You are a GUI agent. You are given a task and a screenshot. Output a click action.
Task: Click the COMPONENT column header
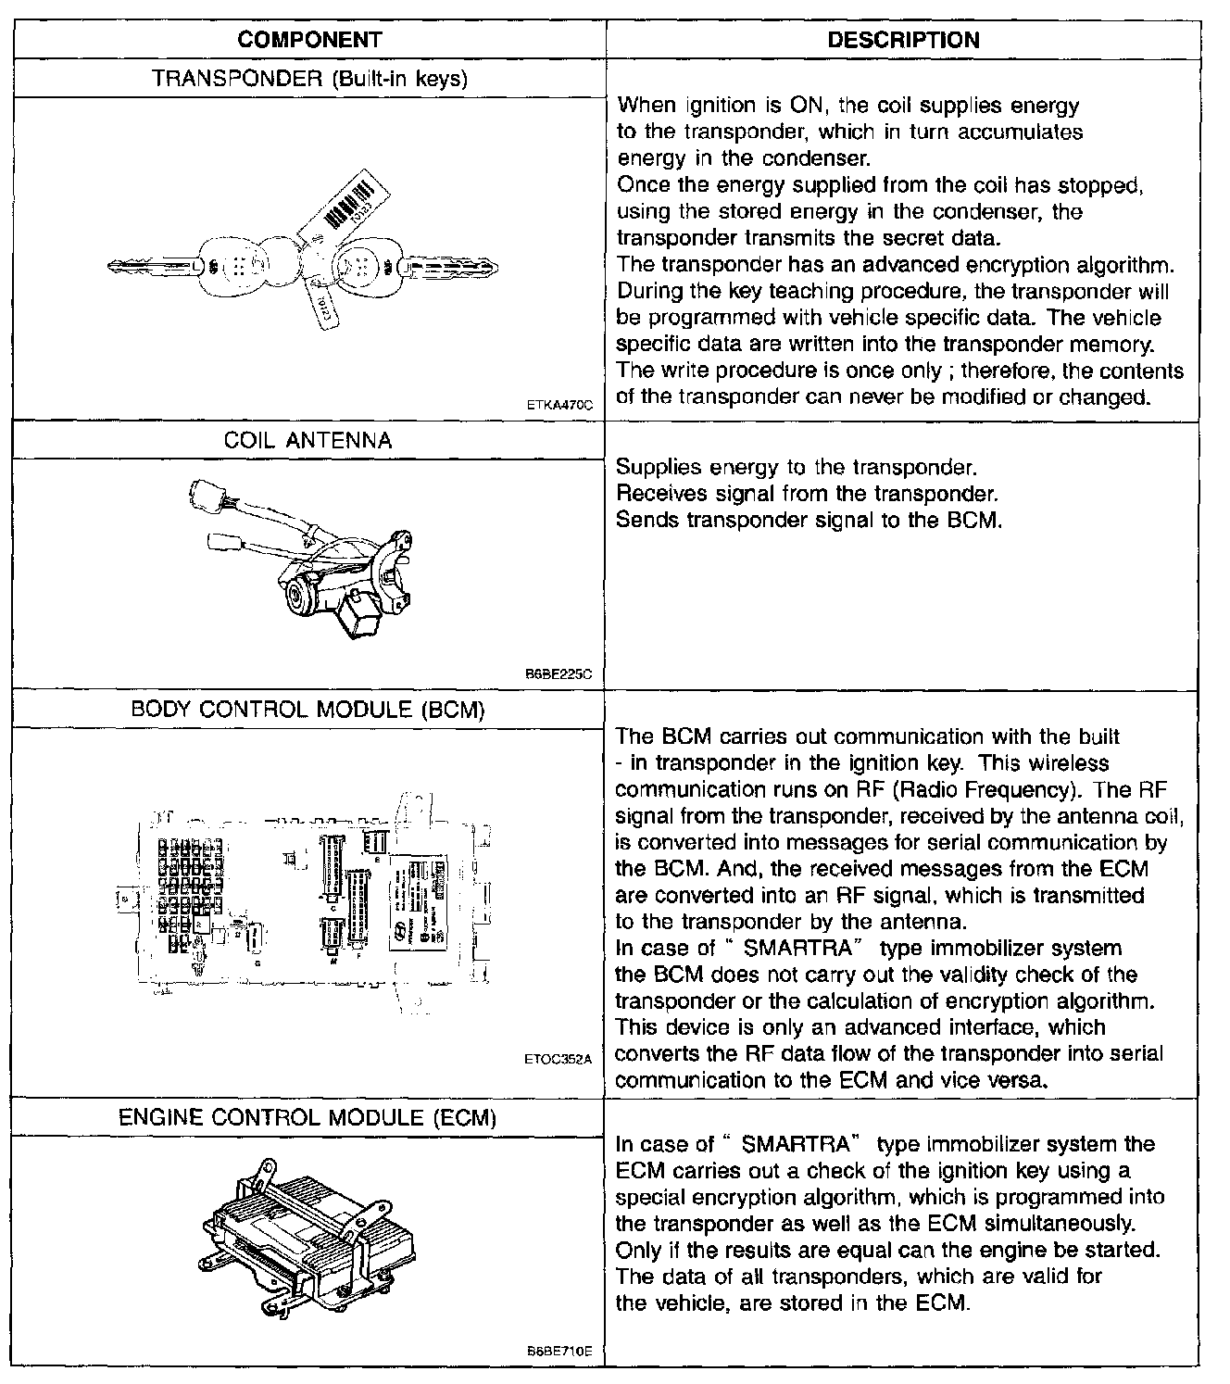309,40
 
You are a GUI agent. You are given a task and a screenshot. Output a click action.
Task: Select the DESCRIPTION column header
902,40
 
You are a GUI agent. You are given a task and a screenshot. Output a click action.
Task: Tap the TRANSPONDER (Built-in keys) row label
309,79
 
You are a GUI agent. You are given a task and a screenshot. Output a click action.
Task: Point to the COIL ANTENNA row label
308,440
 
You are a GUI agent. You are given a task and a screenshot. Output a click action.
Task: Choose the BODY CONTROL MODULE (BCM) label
308,710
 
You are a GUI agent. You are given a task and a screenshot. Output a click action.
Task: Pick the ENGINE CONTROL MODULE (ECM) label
308,1117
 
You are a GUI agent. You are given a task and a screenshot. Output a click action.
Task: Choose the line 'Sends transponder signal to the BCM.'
809,520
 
